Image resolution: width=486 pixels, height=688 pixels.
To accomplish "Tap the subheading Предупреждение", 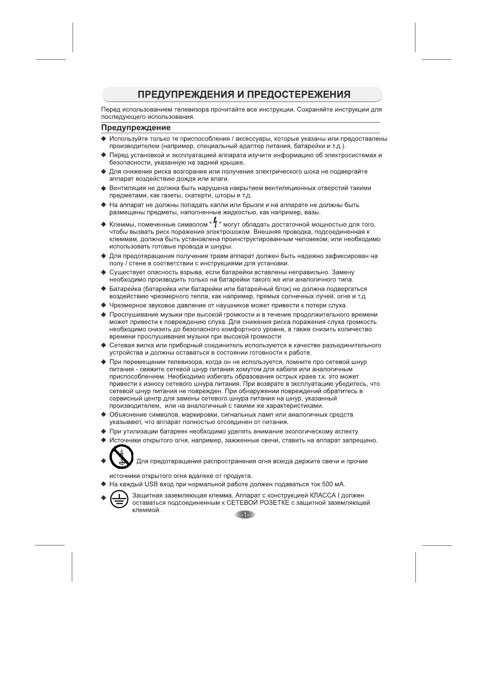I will (136, 128).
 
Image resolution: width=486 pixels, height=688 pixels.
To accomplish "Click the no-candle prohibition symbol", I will (122, 457).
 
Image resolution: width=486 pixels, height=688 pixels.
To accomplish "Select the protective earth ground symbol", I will (119, 500).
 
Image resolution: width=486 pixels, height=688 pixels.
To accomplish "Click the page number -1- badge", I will (245, 515).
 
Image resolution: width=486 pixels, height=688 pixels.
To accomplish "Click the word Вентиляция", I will (129, 188).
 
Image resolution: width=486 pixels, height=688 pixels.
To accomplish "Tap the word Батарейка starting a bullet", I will (125, 289).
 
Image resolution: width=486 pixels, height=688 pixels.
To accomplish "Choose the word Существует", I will (127, 272).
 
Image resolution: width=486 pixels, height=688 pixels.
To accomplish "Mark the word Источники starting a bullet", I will (126, 440).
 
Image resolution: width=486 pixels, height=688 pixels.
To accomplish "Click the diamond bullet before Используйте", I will (104, 139).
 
